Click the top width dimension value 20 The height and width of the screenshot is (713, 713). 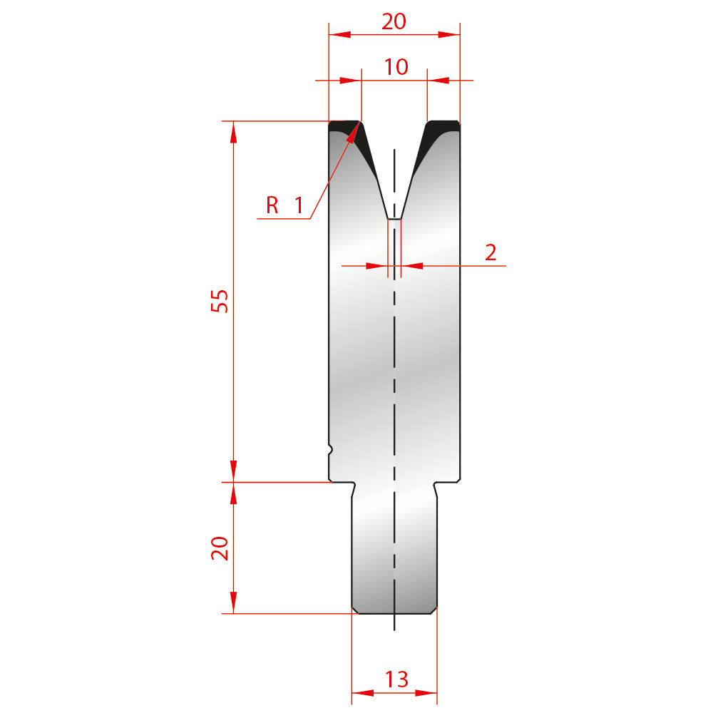pos(394,21)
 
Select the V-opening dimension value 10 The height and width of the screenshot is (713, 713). pos(396,67)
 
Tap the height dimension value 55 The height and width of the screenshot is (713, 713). pos(220,301)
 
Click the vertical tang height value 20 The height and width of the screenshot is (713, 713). pos(220,548)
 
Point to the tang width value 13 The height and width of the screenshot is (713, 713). pos(396,679)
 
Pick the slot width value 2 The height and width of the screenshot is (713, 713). pos(491,253)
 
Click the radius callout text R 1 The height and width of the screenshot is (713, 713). pos(284,205)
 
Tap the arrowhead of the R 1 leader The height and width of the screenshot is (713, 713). pos(354,133)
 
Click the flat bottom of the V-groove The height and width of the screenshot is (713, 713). pos(394,219)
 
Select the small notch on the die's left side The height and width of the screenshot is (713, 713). pos(331,450)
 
